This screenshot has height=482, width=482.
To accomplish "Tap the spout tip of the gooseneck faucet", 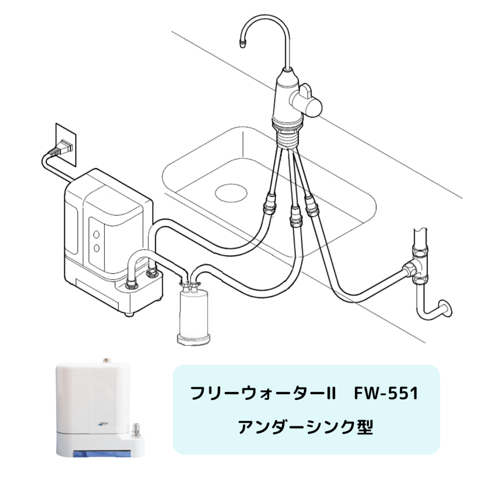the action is coord(243,43).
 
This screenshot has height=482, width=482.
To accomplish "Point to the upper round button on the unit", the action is coord(96,234).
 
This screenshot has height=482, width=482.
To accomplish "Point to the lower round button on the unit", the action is coord(96,248).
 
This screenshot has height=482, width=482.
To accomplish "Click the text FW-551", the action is coord(386,394).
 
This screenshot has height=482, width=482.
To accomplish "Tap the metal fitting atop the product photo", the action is coord(107,359).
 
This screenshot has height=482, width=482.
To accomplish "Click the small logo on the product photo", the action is coord(102,424).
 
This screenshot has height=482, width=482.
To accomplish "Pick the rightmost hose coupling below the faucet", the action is coord(312,205).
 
